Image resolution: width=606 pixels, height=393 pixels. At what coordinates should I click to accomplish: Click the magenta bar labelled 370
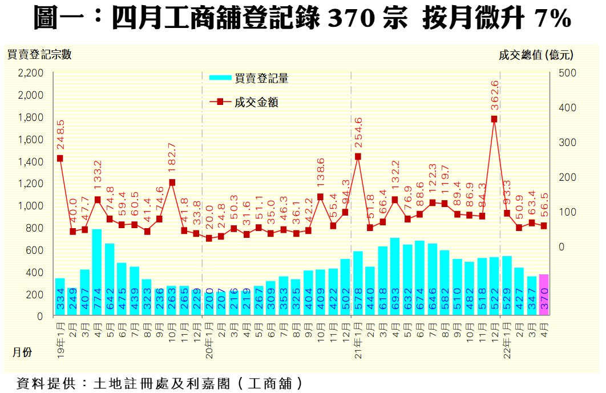[x=543, y=295]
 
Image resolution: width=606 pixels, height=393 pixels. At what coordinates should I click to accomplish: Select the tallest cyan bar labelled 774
[x=97, y=272]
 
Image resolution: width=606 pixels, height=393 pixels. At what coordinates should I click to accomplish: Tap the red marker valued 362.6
[x=494, y=119]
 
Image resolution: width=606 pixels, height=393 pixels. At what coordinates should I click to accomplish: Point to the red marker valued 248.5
[x=59, y=159]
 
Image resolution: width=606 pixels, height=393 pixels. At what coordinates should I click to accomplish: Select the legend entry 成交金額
[x=256, y=103]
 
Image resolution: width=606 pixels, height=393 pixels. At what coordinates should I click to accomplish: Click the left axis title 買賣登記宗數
[x=39, y=55]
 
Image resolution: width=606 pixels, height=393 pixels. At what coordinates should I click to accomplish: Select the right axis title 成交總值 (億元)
[x=536, y=55]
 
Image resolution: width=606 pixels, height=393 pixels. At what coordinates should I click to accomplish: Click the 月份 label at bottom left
[x=22, y=353]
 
